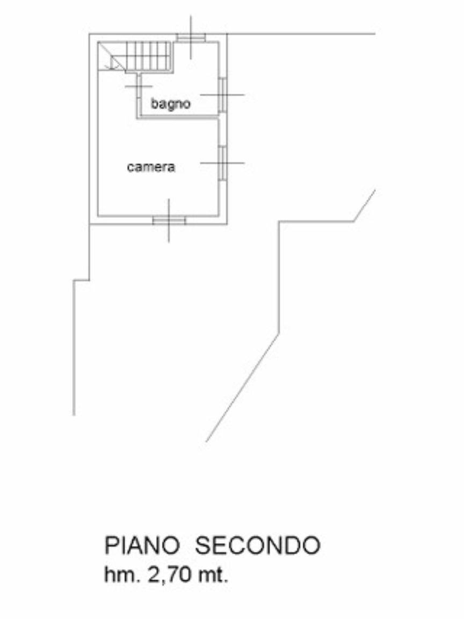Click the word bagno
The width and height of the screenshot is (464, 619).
point(170,104)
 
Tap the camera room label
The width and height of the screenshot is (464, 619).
point(151,167)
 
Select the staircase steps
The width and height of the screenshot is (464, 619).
point(148,55)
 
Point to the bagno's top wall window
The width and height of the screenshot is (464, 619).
point(191,38)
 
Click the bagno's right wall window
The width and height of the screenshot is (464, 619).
point(222,95)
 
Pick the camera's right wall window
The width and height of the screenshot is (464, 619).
point(222,163)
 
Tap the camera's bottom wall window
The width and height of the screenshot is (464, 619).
point(169,220)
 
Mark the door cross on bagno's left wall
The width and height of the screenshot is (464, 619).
point(139,86)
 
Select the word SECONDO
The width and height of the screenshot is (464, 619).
point(257,546)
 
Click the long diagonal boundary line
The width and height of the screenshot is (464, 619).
point(242,388)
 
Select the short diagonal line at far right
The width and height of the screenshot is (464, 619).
point(364,205)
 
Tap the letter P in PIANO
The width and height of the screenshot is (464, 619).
point(111,546)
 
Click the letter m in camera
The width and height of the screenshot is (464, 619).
point(148,167)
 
